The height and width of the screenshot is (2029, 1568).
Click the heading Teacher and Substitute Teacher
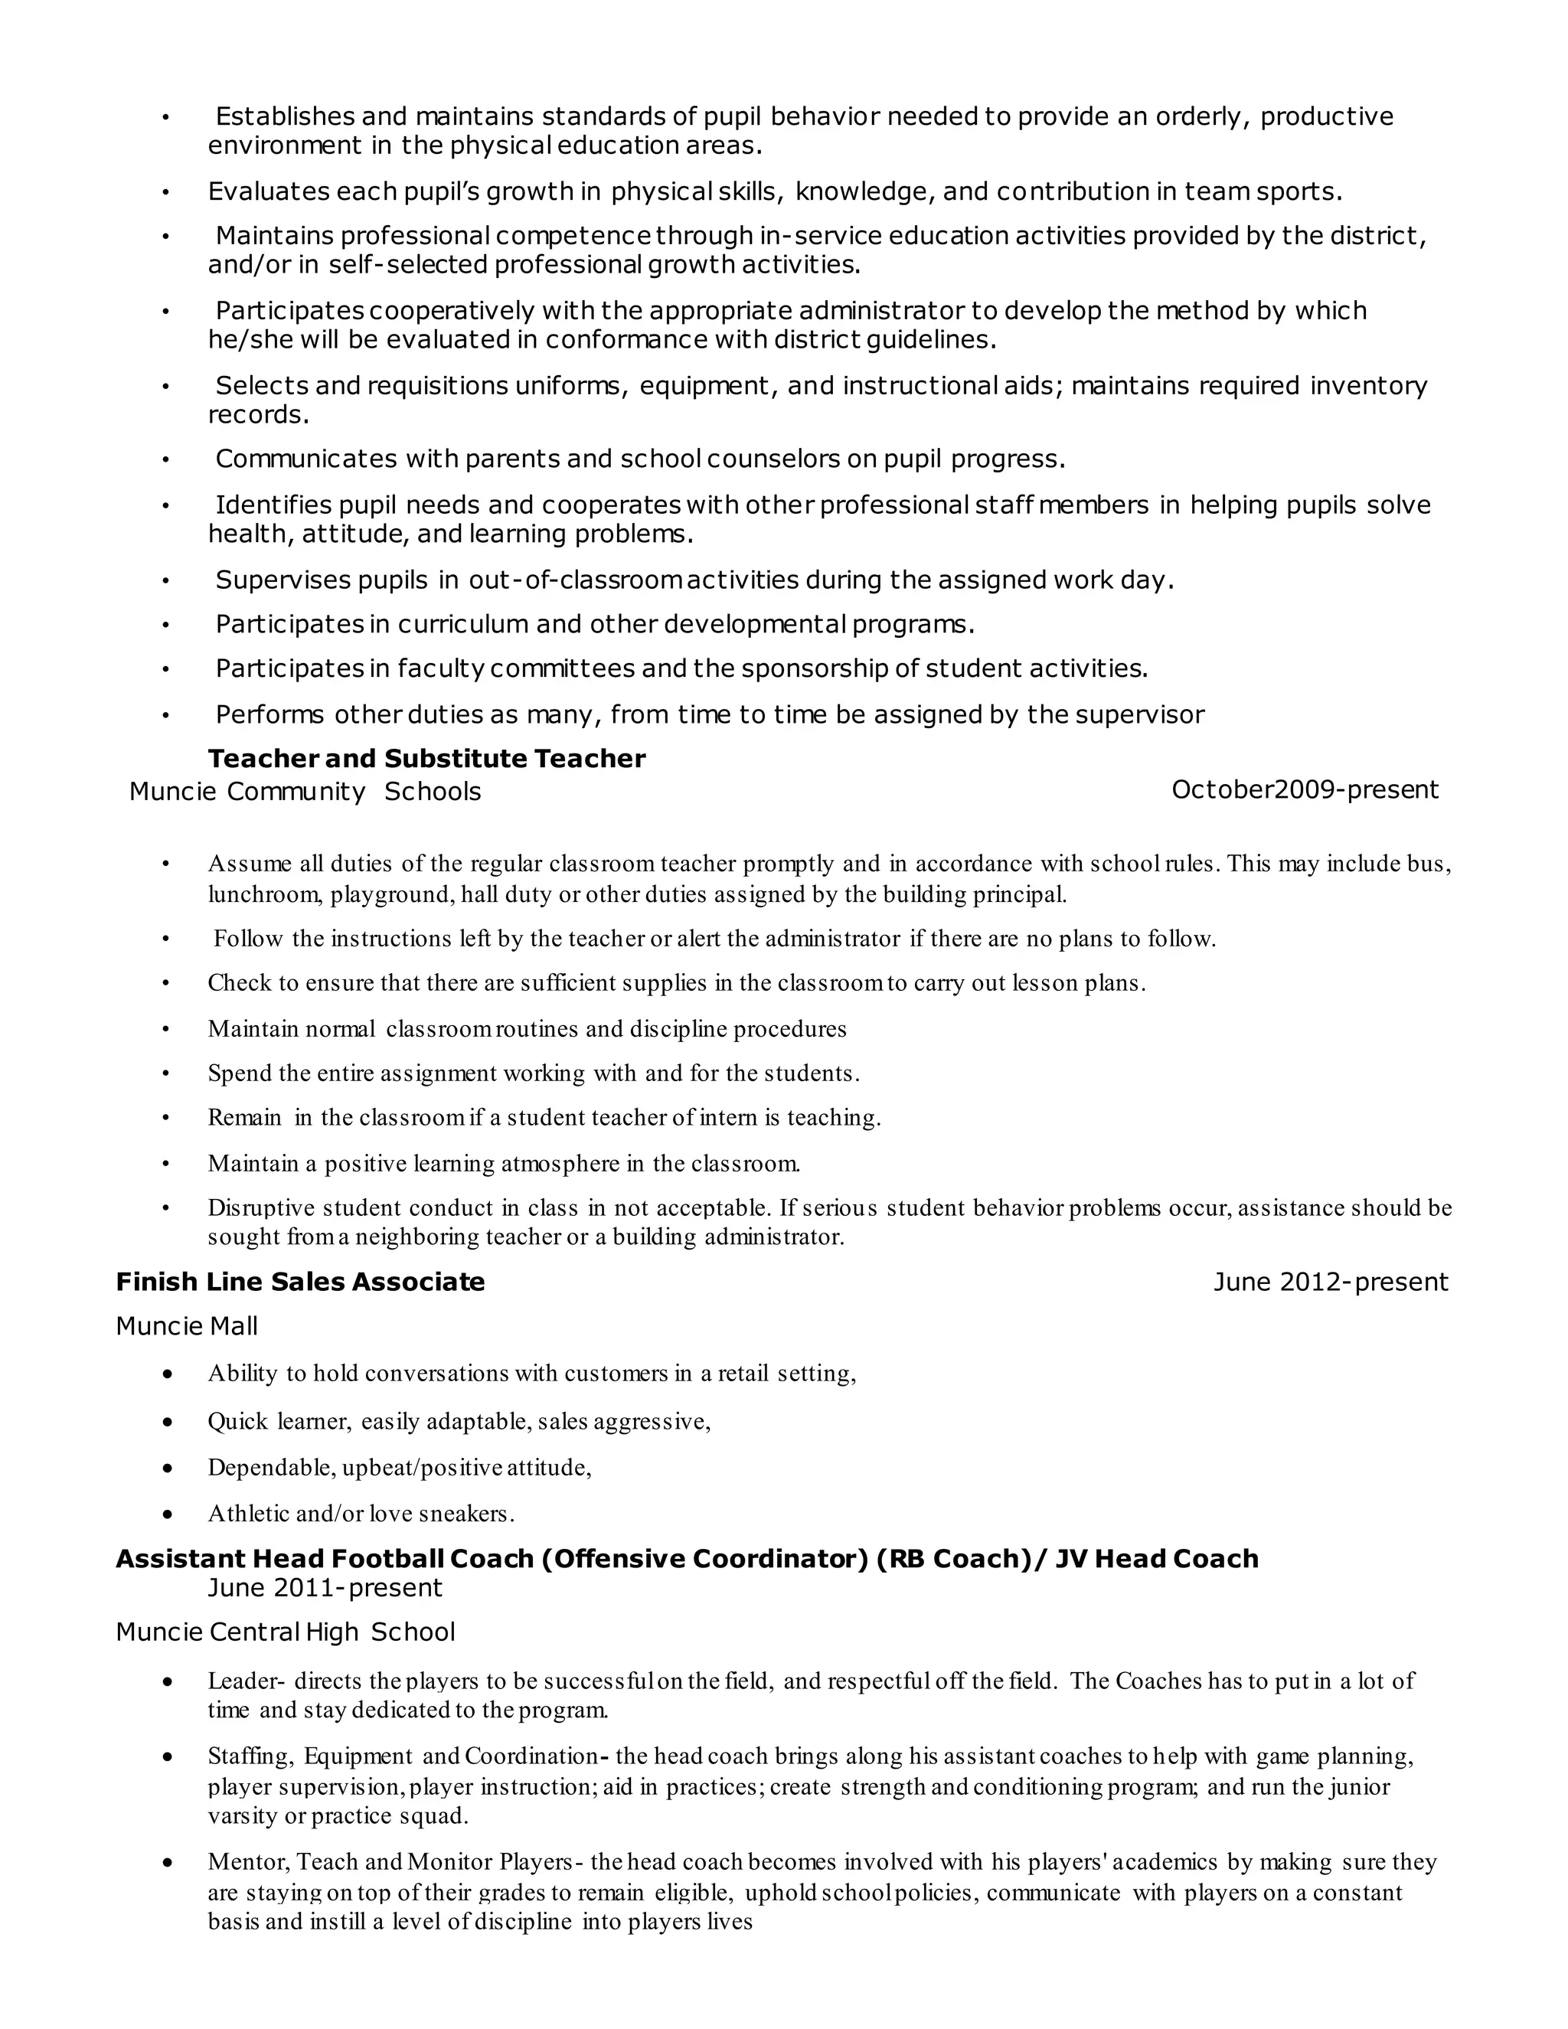[426, 759]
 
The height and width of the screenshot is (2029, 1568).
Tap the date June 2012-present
[1330, 1282]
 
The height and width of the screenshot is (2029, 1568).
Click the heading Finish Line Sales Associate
[300, 1282]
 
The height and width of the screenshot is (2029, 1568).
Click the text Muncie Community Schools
[305, 792]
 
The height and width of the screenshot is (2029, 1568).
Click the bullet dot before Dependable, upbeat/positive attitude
[167, 1468]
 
